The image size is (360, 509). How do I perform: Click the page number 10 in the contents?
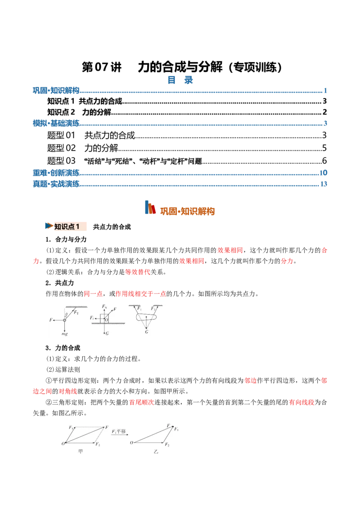pyautogui.click(x=323, y=173)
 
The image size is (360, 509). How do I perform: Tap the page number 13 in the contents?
pyautogui.click(x=324, y=184)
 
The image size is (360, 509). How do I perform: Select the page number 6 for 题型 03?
pyautogui.click(x=324, y=161)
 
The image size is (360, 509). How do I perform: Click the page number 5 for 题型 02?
pyautogui.click(x=324, y=148)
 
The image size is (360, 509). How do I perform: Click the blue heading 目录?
pyautogui.click(x=180, y=80)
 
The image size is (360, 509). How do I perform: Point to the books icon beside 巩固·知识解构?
pyautogui.click(x=150, y=207)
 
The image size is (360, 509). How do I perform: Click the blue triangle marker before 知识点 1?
pyautogui.click(x=49, y=226)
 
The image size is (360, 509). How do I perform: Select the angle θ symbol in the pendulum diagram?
pyautogui.click(x=67, y=315)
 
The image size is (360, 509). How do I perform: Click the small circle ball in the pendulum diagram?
pyautogui.click(x=65, y=321)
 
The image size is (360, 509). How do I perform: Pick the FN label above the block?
pyautogui.click(x=104, y=307)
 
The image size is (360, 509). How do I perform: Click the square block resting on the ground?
pyautogui.click(x=104, y=318)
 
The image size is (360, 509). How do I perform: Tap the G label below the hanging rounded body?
pyautogui.click(x=147, y=332)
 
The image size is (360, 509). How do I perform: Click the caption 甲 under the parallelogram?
pyautogui.click(x=80, y=451)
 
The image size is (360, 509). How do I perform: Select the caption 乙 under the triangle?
pyautogui.click(x=156, y=451)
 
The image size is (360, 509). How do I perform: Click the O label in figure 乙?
pyautogui.click(x=131, y=442)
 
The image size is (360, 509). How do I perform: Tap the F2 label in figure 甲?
pyautogui.click(x=98, y=444)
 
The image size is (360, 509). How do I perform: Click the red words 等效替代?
pyautogui.click(x=138, y=272)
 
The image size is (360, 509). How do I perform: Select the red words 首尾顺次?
pyautogui.click(x=142, y=402)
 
